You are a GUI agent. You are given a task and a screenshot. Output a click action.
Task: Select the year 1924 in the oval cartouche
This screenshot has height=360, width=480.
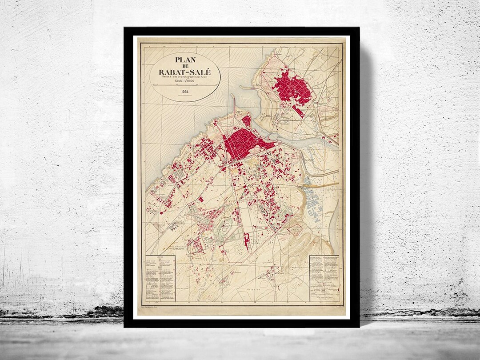(185, 92)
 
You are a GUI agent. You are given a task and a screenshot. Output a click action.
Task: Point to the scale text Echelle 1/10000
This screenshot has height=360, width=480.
(185, 82)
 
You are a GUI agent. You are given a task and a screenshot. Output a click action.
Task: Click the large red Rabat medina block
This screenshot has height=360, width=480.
(242, 143)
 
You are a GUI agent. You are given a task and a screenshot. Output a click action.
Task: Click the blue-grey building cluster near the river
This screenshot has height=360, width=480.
(316, 202)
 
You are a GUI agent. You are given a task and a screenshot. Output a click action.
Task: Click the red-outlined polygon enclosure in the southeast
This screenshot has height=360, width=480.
(294, 229)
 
